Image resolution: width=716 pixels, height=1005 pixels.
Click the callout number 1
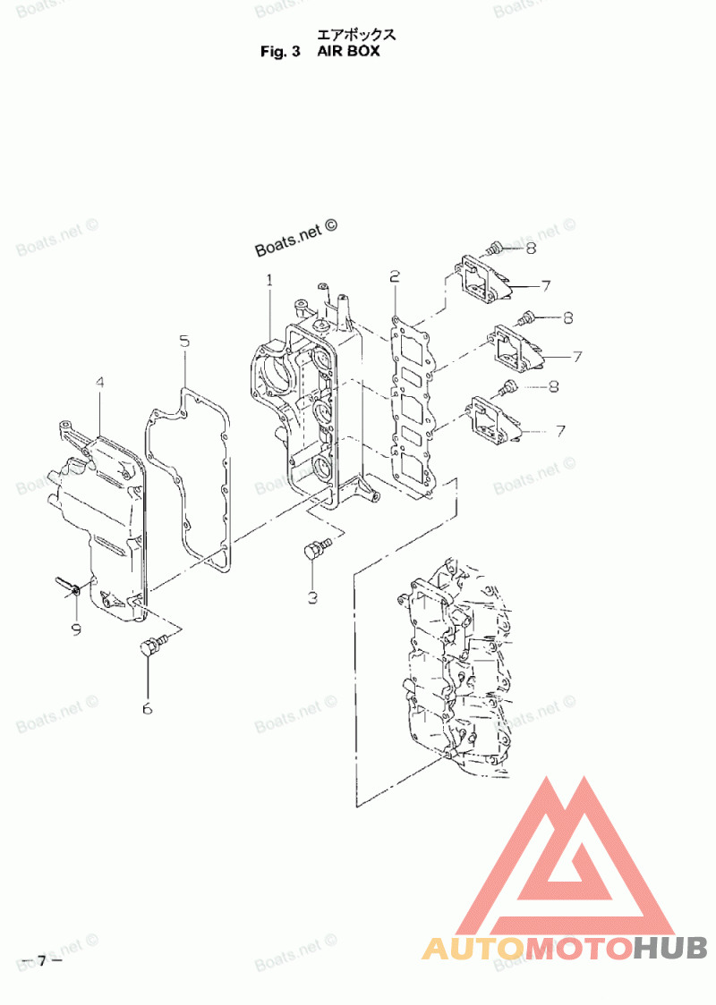268,281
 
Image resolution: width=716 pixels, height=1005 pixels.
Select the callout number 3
312,597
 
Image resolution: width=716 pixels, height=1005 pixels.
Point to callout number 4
99,383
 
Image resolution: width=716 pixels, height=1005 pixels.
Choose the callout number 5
183,341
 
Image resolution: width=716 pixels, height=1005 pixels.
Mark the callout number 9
76,629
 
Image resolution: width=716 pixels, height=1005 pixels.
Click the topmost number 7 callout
545,285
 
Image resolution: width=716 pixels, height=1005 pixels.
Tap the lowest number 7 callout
560,431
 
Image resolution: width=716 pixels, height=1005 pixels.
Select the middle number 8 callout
567,317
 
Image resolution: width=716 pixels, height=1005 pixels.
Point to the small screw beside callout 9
70,585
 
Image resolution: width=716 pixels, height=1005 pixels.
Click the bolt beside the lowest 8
507,387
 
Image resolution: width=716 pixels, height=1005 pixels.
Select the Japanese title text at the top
355,36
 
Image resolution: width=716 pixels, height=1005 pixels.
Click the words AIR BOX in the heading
348,51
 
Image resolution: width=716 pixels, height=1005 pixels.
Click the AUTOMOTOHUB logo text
565,947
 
